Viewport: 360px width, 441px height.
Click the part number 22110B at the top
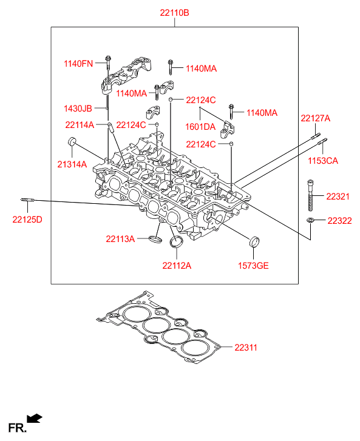pyautogui.click(x=174, y=13)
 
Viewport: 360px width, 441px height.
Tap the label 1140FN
pyautogui.click(x=78, y=64)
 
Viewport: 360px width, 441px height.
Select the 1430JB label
pyautogui.click(x=78, y=109)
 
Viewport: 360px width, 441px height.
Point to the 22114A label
pyautogui.click(x=80, y=125)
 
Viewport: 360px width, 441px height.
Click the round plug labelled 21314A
pyautogui.click(x=72, y=141)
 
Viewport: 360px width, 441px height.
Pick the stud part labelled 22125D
pyautogui.click(x=27, y=200)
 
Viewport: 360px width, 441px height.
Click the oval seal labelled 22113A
pyautogui.click(x=155, y=240)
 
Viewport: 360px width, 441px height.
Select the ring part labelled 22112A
pyautogui.click(x=177, y=242)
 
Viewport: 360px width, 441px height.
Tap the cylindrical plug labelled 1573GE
pyautogui.click(x=254, y=242)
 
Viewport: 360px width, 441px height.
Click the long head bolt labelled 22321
pyautogui.click(x=310, y=195)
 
